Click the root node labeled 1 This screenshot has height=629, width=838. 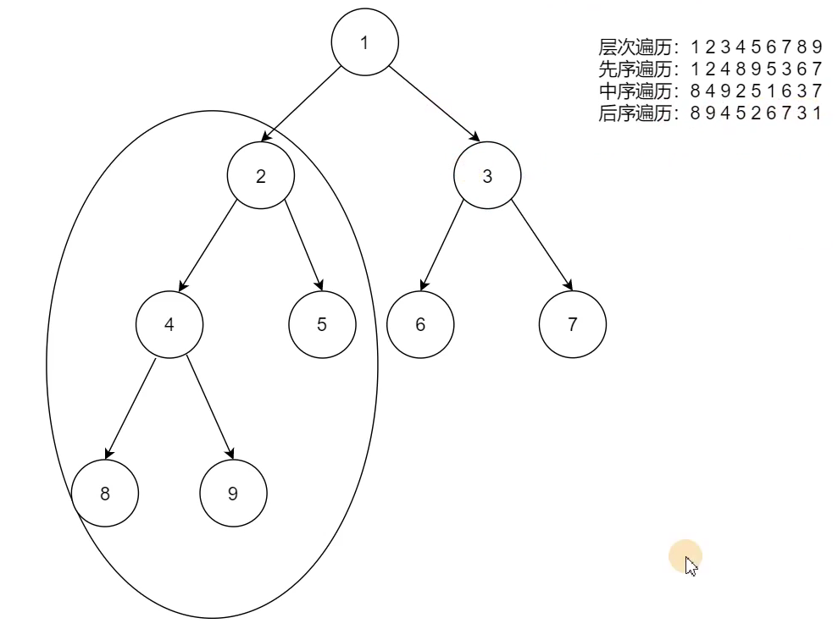click(x=365, y=42)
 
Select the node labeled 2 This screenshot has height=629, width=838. click(x=261, y=175)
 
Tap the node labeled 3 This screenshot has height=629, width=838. click(x=487, y=175)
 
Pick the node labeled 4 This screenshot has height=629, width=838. click(x=169, y=324)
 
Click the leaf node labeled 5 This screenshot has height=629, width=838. click(x=322, y=324)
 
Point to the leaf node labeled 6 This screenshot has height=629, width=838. click(x=420, y=324)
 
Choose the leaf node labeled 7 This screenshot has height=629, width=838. click(x=573, y=324)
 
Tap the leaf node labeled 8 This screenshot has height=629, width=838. click(x=105, y=493)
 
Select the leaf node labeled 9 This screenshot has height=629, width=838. click(x=234, y=493)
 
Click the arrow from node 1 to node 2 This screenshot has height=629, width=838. click(x=301, y=104)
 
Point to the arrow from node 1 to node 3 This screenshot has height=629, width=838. click(x=434, y=103)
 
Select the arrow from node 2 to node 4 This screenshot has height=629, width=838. click(x=208, y=246)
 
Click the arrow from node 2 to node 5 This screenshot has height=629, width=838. click(x=303, y=246)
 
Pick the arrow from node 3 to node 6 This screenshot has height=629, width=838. click(x=442, y=246)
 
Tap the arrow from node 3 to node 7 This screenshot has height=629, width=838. click(x=542, y=246)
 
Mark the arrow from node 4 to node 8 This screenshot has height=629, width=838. click(x=130, y=409)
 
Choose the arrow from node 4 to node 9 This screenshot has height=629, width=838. click(x=210, y=408)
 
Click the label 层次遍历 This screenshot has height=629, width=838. click(x=635, y=47)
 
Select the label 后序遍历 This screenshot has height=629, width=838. click(x=635, y=113)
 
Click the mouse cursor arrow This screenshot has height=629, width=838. click(x=691, y=566)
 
